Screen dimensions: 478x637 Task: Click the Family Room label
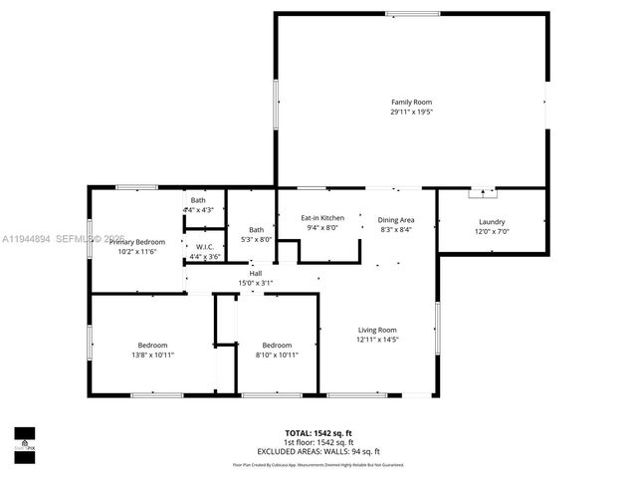[411, 102]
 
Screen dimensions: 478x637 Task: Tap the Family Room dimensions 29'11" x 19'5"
[411, 112]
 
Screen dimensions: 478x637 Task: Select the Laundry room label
[492, 221]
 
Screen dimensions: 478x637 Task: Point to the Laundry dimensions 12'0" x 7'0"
[492, 231]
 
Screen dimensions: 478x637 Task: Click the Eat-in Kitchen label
[322, 217]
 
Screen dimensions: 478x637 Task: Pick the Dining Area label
[395, 219]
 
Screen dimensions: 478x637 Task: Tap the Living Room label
[377, 330]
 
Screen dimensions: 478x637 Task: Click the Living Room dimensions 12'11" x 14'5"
[377, 340]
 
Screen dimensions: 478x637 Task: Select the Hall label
[255, 273]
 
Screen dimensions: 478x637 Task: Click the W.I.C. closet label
[203, 247]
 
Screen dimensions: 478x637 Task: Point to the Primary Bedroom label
[137, 242]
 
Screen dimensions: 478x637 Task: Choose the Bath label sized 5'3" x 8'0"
[257, 229]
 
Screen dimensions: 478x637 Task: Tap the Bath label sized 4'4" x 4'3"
[198, 200]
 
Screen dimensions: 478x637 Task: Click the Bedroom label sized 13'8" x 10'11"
[152, 345]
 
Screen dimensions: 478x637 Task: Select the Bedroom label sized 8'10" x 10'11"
[277, 345]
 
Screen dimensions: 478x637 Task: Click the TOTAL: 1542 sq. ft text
[318, 433]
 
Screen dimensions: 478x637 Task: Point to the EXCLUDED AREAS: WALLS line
[318, 451]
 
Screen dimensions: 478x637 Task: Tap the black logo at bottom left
[23, 439]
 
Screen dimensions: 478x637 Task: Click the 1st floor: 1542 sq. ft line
[318, 442]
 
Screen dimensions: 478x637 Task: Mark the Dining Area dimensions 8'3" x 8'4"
[395, 229]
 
